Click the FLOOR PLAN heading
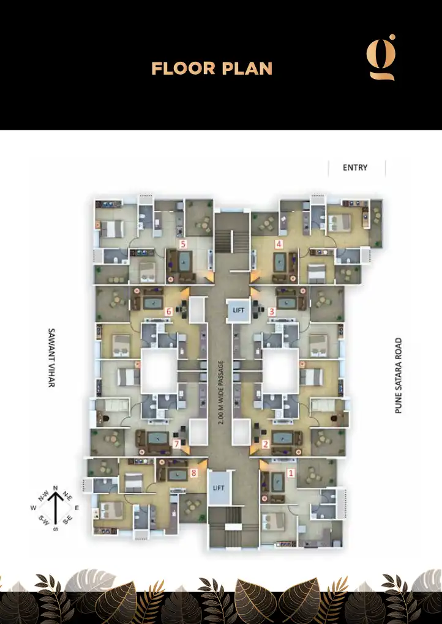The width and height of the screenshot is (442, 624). coord(212,68)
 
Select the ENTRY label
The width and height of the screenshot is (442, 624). coord(355,168)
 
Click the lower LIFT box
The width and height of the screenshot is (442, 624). coord(219,488)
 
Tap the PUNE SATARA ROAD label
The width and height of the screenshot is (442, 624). coord(399,375)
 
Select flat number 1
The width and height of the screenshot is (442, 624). coord(291,473)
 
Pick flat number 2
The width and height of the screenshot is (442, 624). coord(265,445)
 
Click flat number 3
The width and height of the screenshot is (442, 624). coord(272,311)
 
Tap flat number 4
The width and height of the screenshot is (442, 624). coord(279,243)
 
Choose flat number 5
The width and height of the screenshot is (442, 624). coord(182,243)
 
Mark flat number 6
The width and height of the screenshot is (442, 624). coord(169,311)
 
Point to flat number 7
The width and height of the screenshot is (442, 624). coord(176,445)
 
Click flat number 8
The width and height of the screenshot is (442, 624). coord(193,472)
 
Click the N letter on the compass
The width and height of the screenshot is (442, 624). coord(55,488)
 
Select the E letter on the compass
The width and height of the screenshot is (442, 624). coord(77,508)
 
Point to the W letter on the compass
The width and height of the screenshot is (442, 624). coord(33,508)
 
